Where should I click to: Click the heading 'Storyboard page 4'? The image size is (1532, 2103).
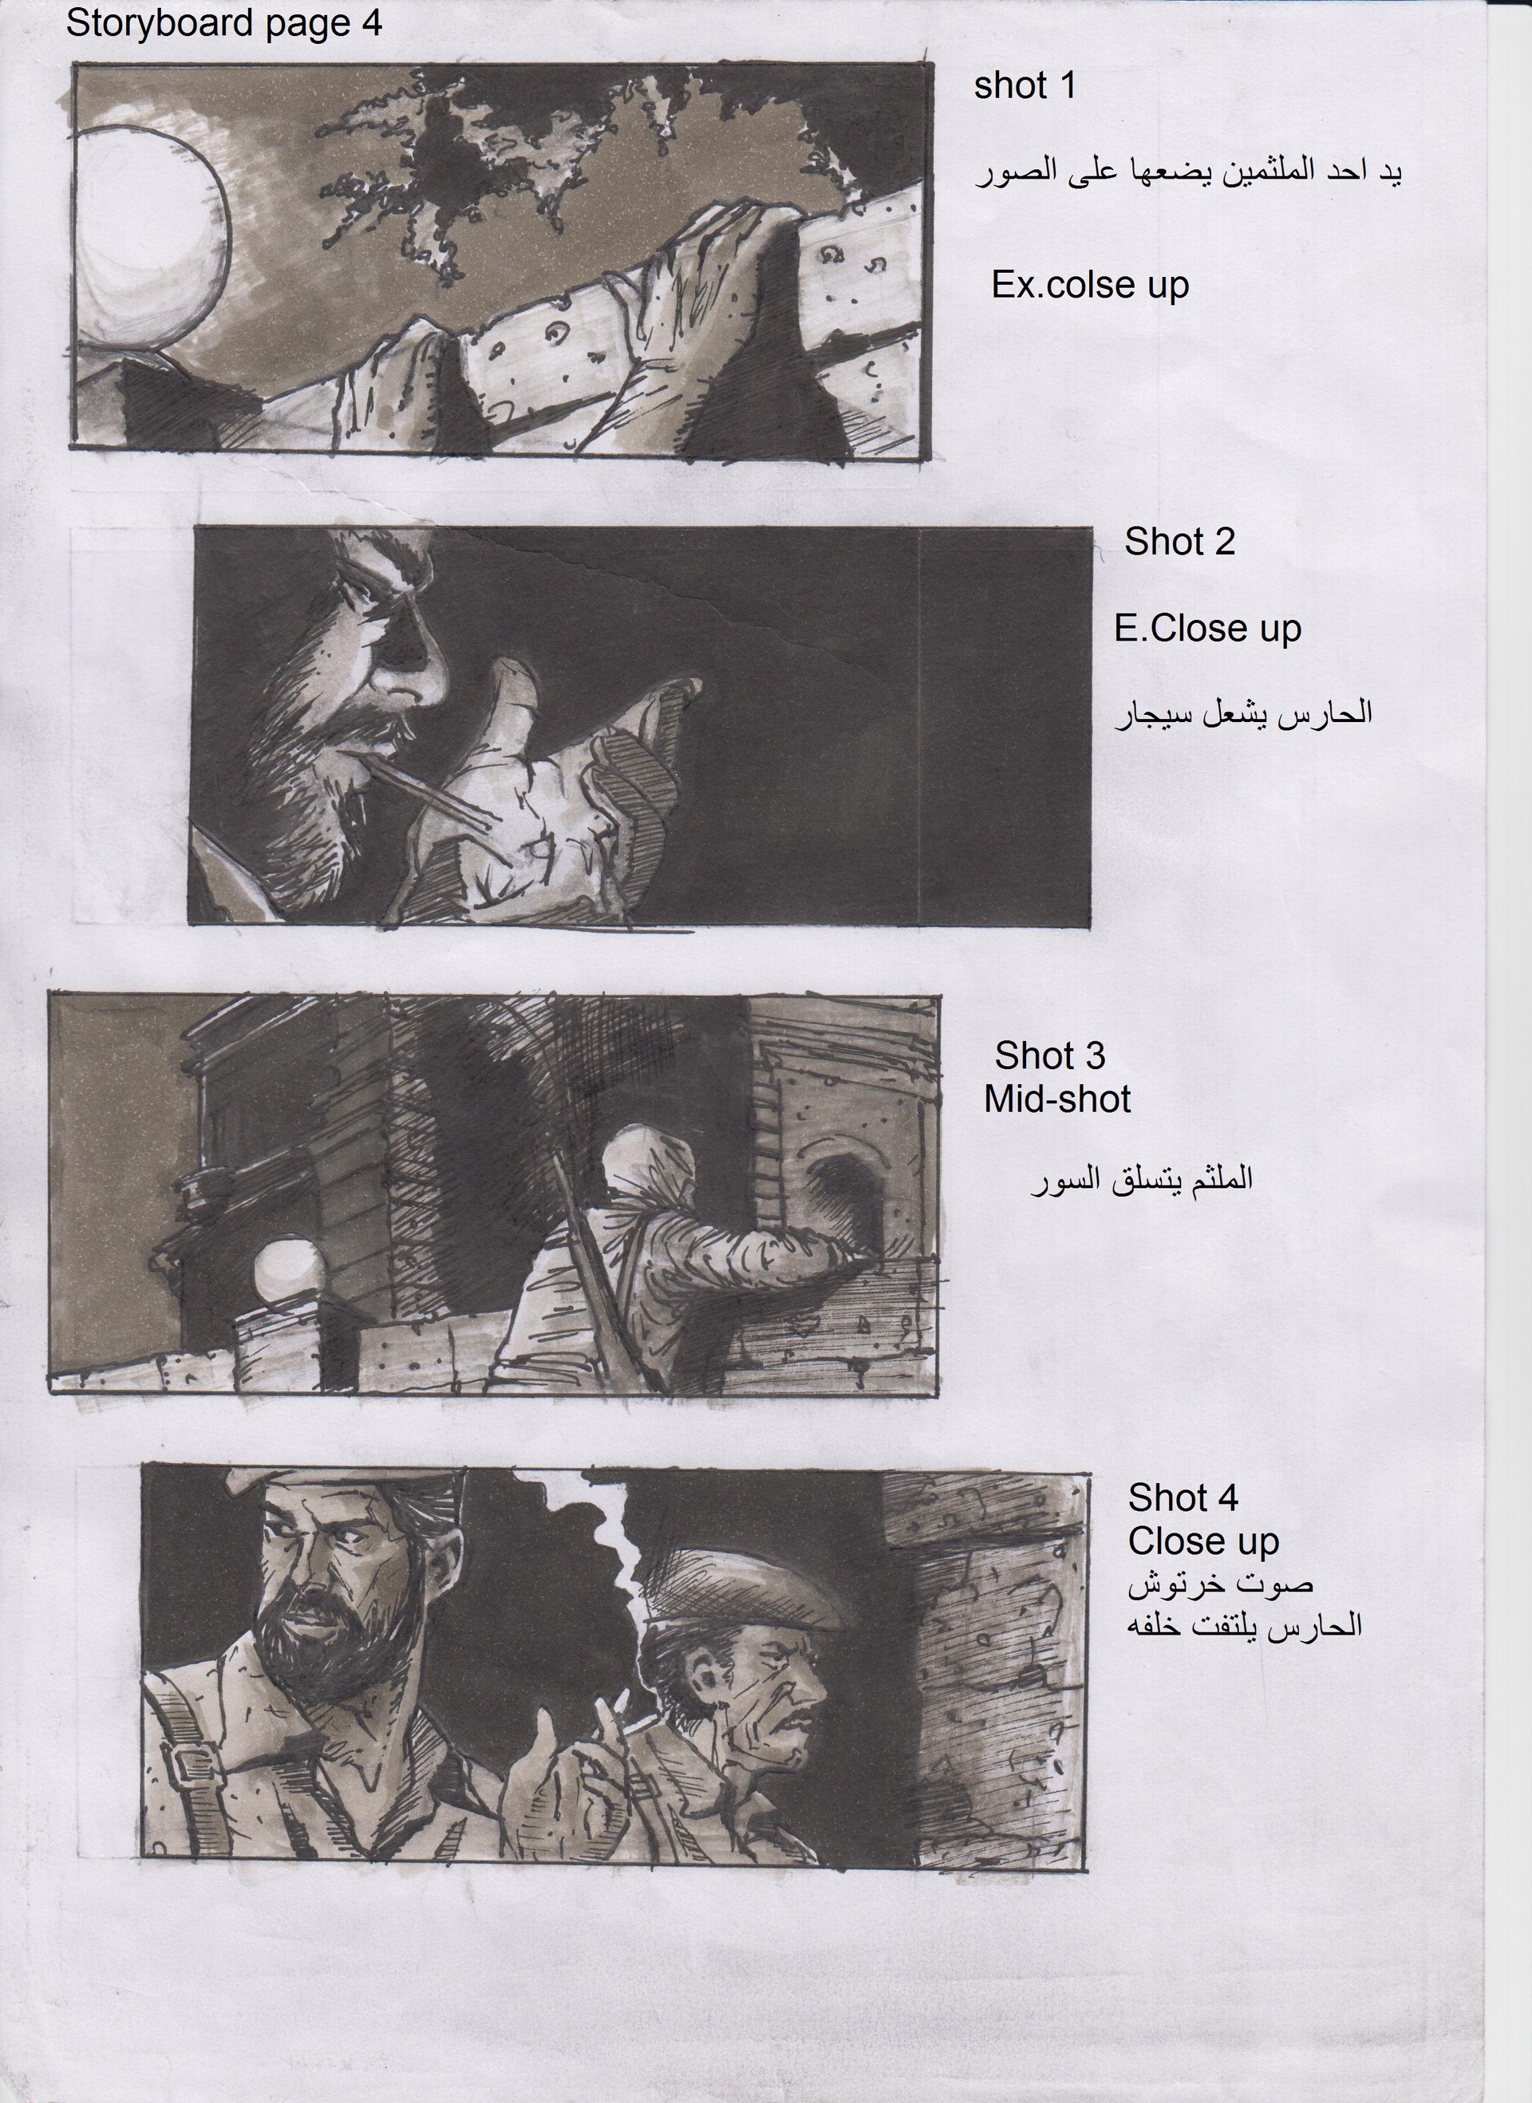tap(223, 23)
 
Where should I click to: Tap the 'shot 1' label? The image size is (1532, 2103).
tap(1024, 86)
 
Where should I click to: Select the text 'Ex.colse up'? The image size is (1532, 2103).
tap(1090, 285)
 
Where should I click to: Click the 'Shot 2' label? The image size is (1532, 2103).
tap(1179, 543)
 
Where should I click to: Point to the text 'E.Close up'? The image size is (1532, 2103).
tap(1207, 629)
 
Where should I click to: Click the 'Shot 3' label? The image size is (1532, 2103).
tap(1050, 1056)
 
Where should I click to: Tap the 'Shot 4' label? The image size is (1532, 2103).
tap(1183, 1497)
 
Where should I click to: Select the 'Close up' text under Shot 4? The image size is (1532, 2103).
tap(1202, 1542)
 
